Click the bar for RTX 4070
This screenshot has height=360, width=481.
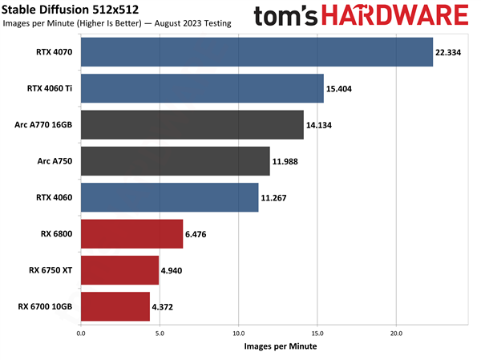pyautogui.click(x=257, y=52)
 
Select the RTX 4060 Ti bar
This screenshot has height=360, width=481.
pyautogui.click(x=202, y=88)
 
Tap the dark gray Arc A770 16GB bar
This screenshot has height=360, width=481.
pyautogui.click(x=192, y=125)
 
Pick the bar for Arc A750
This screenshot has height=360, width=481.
pyautogui.click(x=176, y=161)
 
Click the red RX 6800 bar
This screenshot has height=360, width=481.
pyautogui.click(x=131, y=234)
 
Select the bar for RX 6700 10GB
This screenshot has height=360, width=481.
pyautogui.click(x=115, y=306)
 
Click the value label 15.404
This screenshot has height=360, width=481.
pyautogui.click(x=342, y=88)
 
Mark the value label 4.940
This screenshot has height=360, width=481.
pyautogui.click(x=177, y=270)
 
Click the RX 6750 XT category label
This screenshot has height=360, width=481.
pyautogui.click(x=51, y=270)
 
